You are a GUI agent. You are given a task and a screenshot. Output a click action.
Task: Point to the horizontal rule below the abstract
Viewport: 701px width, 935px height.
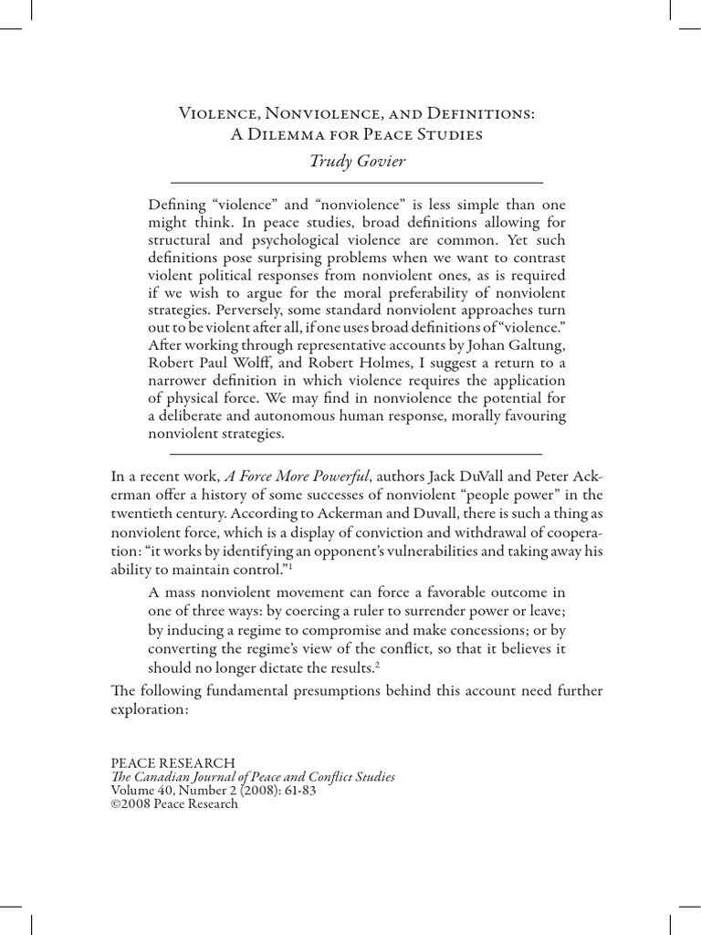(x=356, y=453)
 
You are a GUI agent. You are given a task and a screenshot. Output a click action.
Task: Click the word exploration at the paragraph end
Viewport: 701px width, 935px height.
(x=149, y=709)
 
